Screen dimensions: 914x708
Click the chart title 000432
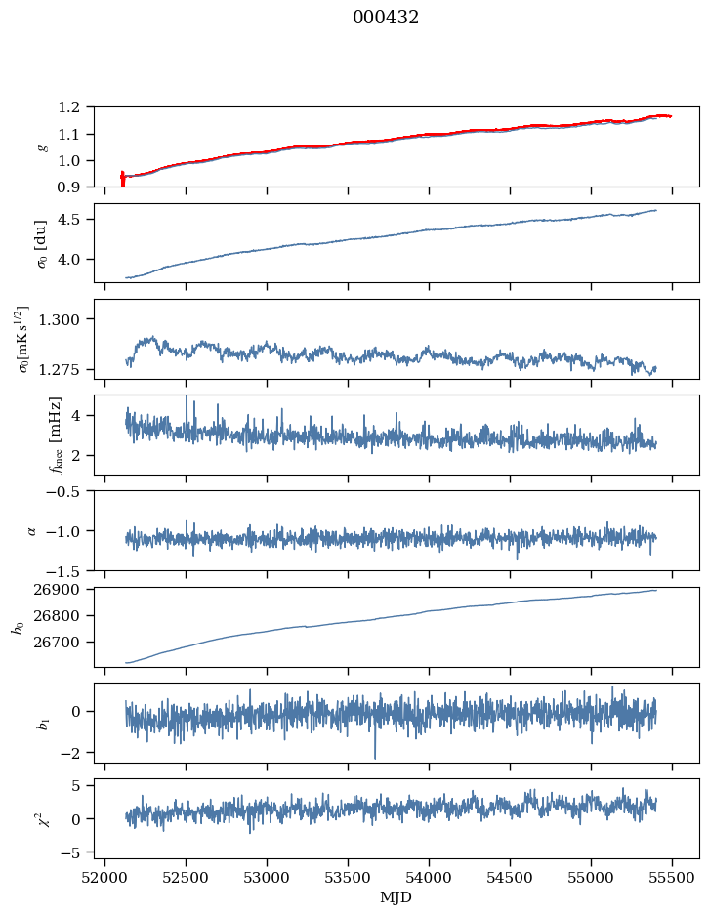[386, 18]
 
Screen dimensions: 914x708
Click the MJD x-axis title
[396, 897]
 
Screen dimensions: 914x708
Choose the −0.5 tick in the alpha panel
[66, 491]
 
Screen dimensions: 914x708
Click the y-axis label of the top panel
[42, 146]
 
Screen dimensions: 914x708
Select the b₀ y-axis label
[19, 626]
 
